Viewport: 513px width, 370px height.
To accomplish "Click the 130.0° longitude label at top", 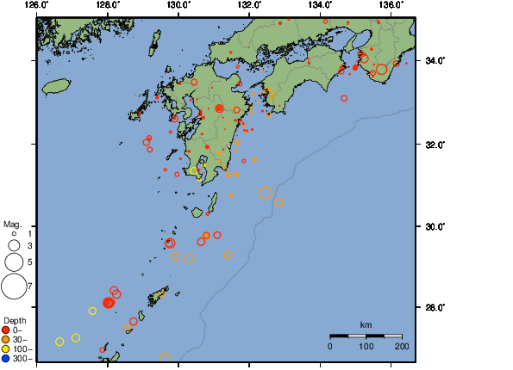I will point(178,4).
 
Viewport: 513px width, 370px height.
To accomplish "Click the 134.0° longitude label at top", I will point(320,4).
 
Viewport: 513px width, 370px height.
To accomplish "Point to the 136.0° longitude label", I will point(390,4).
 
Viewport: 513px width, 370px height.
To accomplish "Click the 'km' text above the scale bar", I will point(366,324).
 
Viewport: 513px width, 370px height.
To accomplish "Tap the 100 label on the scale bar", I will point(366,346).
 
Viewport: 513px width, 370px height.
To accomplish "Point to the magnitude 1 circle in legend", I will point(15,233).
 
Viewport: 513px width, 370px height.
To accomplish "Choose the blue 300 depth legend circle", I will point(6,358).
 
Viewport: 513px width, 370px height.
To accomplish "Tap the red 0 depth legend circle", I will point(6,330).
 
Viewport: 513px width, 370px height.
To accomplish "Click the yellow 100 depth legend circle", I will point(6,348).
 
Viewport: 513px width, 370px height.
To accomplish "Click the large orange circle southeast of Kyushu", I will point(266,193).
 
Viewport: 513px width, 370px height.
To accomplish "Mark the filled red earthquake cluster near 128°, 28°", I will point(109,302).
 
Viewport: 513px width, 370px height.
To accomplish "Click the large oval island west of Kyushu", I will point(55,86).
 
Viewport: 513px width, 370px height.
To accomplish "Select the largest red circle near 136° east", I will point(381,69).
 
